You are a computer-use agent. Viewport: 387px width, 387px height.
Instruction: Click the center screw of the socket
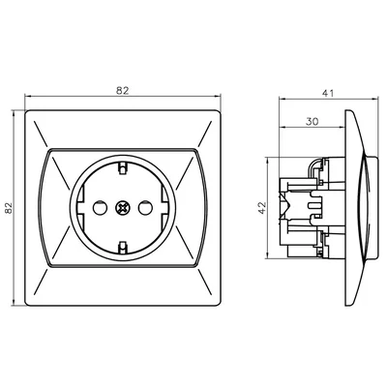tap(123, 207)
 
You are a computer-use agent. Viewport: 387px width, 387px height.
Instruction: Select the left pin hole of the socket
tap(99, 207)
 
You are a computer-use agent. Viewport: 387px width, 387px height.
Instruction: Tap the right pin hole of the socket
tap(148, 207)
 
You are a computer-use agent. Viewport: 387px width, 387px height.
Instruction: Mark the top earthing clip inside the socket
tap(124, 168)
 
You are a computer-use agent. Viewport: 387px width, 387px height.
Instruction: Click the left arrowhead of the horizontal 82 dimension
tap(28, 98)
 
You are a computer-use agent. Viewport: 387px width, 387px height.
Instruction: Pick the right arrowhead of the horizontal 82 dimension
tap(219, 98)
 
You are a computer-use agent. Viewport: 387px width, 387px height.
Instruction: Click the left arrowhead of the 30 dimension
tap(282, 131)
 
